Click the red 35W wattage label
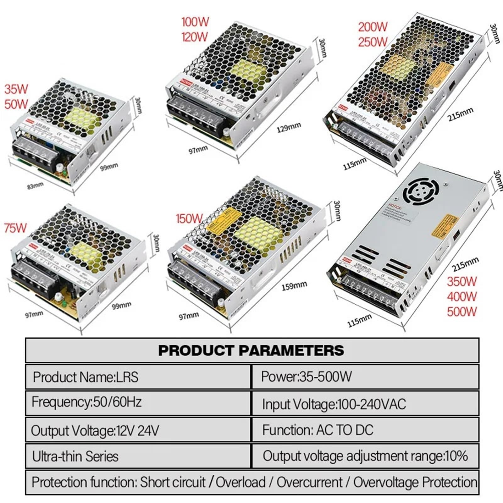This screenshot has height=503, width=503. pos(16,89)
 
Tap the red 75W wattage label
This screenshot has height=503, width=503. pos(15,228)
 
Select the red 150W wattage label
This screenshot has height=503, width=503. pos(189,218)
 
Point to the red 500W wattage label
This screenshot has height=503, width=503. pos(462,312)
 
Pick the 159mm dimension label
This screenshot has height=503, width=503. pos(294,286)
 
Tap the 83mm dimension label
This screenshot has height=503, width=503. pos(35,186)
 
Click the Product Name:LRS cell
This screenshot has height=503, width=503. pos(86,377)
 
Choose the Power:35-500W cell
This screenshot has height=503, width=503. pos(306,376)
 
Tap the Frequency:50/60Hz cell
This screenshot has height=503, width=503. pos(86,402)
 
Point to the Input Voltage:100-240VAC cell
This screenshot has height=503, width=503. pos(334,404)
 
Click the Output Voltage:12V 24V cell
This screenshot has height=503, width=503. pos(95,430)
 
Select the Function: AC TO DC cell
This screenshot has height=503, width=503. pos(318,430)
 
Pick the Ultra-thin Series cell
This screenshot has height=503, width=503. pos(75,456)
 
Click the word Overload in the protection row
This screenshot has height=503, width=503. pos(240,482)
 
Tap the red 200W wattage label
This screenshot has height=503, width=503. pos(373,27)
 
